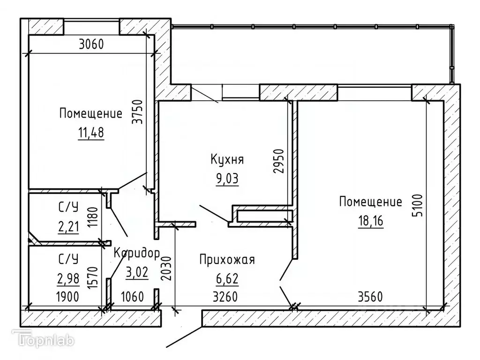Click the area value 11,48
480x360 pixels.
(x=91, y=133)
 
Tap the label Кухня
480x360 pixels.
(x=227, y=159)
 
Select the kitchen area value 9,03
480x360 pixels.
(x=227, y=179)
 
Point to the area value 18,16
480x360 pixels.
(x=371, y=220)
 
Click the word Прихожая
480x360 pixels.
(x=227, y=260)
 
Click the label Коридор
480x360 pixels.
(x=137, y=253)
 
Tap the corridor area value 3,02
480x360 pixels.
(x=137, y=272)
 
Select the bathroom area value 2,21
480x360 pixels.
(x=68, y=227)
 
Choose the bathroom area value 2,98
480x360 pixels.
(x=68, y=278)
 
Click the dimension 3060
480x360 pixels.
(x=91, y=45)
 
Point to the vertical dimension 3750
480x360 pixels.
(x=137, y=112)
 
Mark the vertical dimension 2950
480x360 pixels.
(x=279, y=161)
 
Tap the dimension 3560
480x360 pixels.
(x=370, y=297)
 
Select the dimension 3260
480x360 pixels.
(x=225, y=297)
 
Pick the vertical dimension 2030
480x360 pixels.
(x=166, y=269)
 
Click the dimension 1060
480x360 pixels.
(x=133, y=297)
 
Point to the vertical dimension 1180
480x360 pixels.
(x=92, y=217)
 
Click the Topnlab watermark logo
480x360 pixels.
(x=43, y=339)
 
